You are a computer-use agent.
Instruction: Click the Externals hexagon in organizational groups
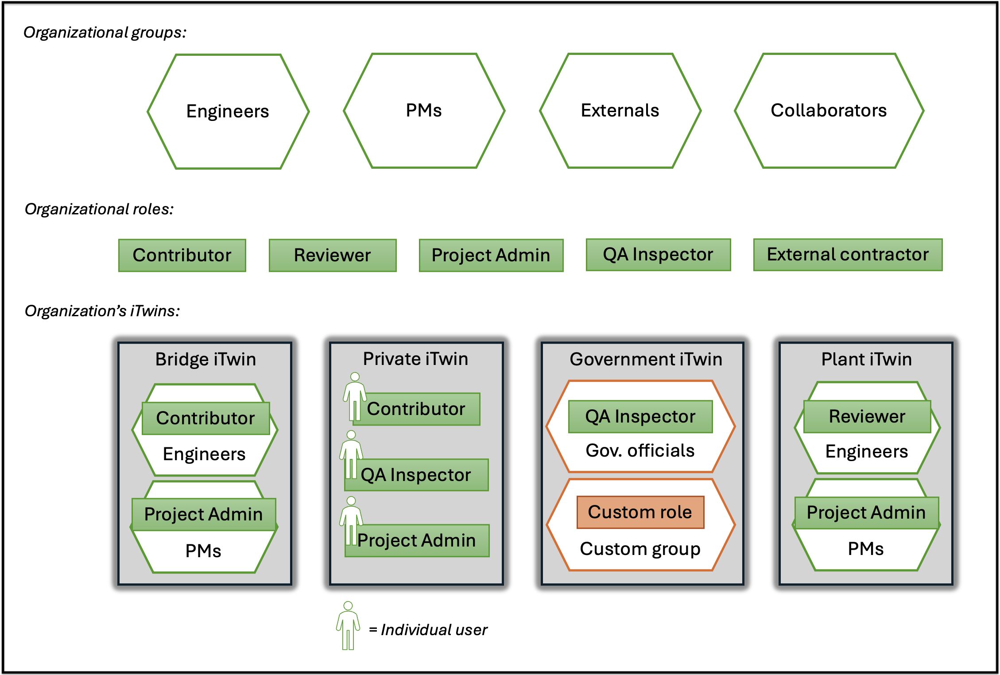click(x=620, y=111)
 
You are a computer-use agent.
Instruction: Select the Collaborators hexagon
click(x=829, y=111)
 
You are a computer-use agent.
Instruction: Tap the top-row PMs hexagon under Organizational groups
click(x=424, y=111)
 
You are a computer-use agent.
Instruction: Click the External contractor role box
click(x=848, y=255)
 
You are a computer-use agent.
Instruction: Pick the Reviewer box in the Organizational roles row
click(x=332, y=256)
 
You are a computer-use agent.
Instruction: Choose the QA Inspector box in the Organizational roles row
click(x=658, y=255)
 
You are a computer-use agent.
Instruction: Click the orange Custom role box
click(x=640, y=512)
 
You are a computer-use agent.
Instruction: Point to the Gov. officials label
click(x=640, y=451)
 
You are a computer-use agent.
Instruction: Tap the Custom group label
click(x=640, y=549)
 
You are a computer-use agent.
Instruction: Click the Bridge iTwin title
click(x=205, y=359)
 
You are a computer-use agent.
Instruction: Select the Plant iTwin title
click(x=866, y=359)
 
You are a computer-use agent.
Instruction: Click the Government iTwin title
click(x=646, y=359)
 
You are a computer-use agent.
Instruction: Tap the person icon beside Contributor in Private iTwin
click(x=355, y=396)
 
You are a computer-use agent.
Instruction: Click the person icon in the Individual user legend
click(x=348, y=625)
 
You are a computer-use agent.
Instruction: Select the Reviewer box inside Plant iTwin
click(x=867, y=417)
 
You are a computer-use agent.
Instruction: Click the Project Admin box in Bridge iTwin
click(x=203, y=515)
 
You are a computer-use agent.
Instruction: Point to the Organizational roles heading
click(x=99, y=209)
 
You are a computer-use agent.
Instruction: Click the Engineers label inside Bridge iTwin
click(x=204, y=454)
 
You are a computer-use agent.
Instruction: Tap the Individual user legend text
click(x=428, y=630)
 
